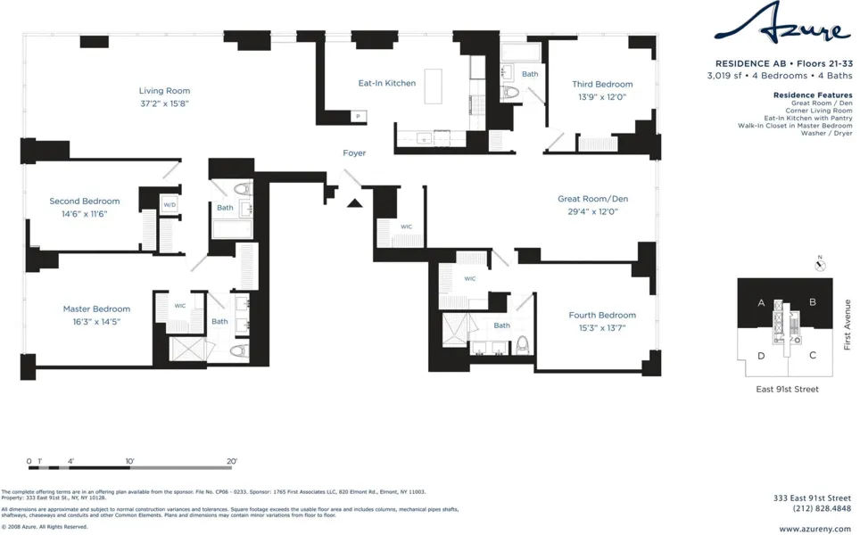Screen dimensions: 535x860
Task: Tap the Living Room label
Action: click(164, 91)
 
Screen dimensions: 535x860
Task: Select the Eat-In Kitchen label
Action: click(387, 83)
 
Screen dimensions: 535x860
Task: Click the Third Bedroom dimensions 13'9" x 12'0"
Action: click(602, 96)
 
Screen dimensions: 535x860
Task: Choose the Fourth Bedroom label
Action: click(602, 315)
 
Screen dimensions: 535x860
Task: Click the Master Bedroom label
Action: click(96, 309)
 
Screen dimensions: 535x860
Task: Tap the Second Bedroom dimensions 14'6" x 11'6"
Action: click(84, 214)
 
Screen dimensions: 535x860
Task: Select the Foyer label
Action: click(354, 153)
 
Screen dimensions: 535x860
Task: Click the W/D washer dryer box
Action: click(170, 205)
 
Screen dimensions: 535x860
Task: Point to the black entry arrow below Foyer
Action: click(354, 203)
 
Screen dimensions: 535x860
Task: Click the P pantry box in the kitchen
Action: click(358, 117)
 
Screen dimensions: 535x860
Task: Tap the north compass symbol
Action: click(821, 265)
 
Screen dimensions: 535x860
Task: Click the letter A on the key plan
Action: click(761, 303)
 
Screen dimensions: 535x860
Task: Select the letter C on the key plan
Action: click(812, 355)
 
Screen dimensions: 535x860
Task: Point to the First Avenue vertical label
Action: click(848, 325)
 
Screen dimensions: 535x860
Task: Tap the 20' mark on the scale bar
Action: click(231, 461)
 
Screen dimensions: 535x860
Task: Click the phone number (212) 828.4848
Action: click(822, 508)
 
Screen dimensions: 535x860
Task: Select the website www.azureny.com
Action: click(815, 529)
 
